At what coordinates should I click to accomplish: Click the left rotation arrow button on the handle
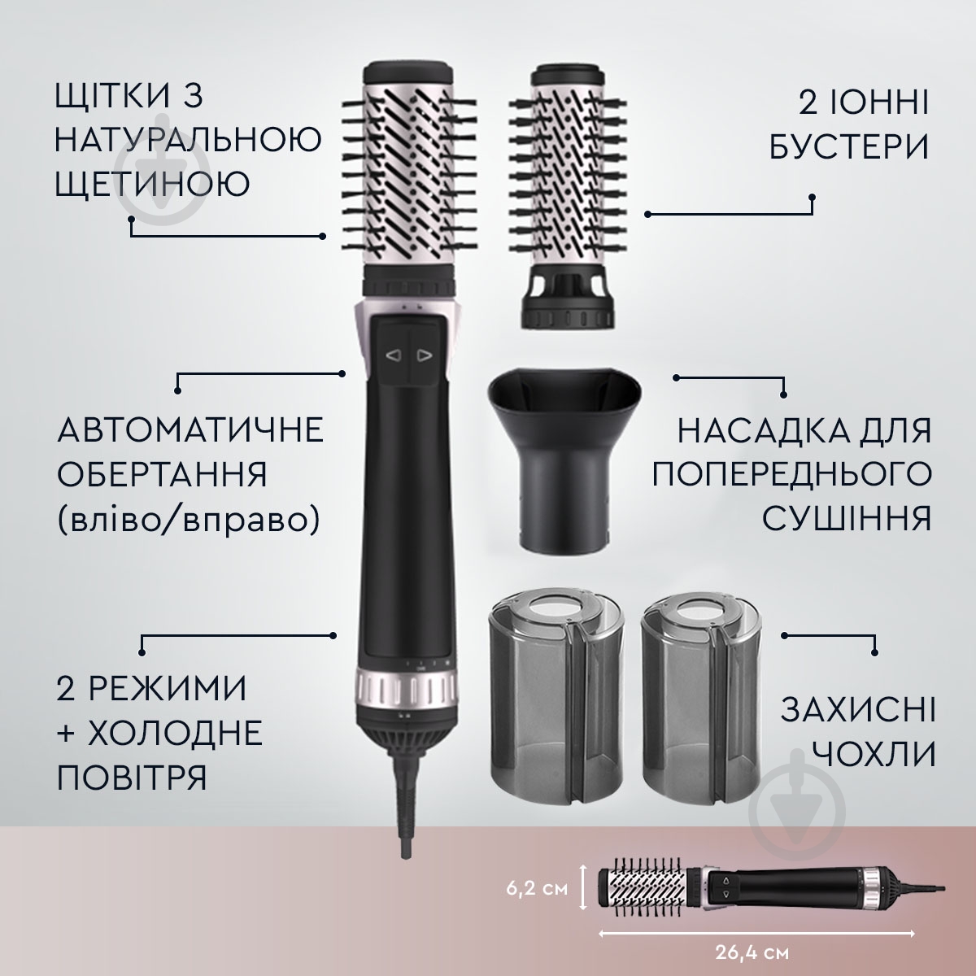click(x=393, y=355)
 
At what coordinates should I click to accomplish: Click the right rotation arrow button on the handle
click(x=423, y=355)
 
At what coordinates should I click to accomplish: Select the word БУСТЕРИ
click(x=851, y=148)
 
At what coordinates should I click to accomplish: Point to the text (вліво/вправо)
click(x=188, y=516)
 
